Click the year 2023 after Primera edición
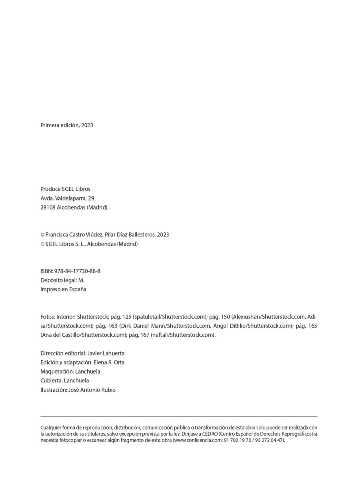coord(87,125)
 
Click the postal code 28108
coord(48,208)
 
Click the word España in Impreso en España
coord(78,290)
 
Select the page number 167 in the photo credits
coord(144,335)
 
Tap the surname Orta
coord(119,362)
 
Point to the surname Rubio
coord(108,390)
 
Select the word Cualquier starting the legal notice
coord(50,428)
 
